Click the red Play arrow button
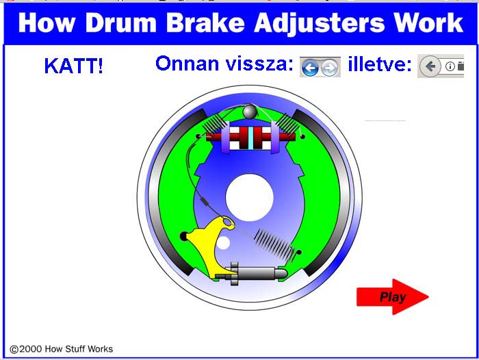click(x=393, y=297)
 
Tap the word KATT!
click(x=74, y=66)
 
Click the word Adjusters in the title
click(x=319, y=23)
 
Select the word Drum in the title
click(x=121, y=23)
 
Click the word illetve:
click(x=380, y=64)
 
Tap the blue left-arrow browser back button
click(x=310, y=67)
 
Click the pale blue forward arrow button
click(x=330, y=68)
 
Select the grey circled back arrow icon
click(x=430, y=66)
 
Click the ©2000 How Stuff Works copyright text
click(x=62, y=349)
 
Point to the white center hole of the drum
click(x=249, y=197)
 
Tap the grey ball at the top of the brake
click(x=250, y=112)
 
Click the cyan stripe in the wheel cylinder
click(x=251, y=138)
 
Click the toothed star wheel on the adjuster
click(x=234, y=274)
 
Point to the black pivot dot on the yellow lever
click(x=183, y=236)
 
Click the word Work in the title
click(x=428, y=23)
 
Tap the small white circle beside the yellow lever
click(x=223, y=242)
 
